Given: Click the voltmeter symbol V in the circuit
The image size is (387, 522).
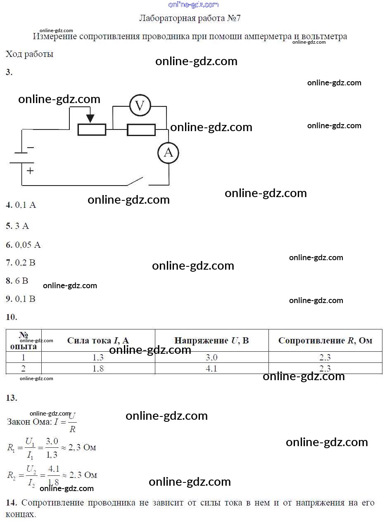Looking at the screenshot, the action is [140, 105].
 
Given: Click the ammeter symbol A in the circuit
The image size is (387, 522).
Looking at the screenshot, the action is [168, 153].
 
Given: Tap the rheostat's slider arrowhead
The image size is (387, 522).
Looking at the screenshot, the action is [90, 119].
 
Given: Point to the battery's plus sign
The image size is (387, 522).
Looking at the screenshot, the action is [30, 171].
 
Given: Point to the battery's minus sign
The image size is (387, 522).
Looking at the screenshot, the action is [31, 148].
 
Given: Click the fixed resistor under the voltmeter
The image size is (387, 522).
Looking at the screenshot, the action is [141, 130].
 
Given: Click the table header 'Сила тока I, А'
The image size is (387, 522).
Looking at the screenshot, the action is [98, 340].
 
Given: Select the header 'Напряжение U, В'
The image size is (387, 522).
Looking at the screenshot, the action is [211, 340].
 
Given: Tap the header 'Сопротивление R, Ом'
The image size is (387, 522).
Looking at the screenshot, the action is [325, 340].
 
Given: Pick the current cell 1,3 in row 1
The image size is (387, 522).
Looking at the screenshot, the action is [98, 357].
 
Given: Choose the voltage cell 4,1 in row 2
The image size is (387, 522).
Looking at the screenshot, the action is [211, 368].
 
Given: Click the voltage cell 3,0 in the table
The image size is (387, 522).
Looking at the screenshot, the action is [211, 357].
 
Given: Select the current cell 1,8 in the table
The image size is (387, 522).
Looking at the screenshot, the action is [98, 368].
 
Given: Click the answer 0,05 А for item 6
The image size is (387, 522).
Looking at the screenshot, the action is [28, 245].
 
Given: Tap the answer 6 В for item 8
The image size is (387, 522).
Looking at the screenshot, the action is [22, 280].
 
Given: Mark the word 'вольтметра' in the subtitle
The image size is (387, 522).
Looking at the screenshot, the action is [324, 36].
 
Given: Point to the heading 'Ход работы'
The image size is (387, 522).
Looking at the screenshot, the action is [29, 54].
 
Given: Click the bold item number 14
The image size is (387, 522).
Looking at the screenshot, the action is [11, 503].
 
